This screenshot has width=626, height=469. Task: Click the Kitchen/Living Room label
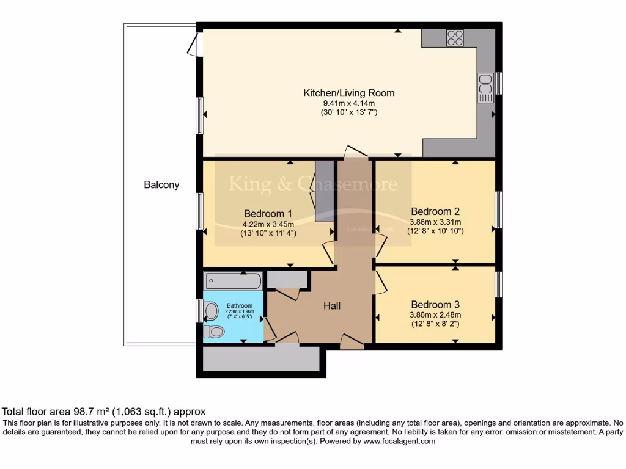348,93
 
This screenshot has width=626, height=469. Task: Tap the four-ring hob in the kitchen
455,38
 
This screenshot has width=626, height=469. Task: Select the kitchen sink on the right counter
485,87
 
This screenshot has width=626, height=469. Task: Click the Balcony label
161,184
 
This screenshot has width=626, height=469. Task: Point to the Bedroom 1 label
268,214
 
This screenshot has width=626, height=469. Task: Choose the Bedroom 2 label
435,211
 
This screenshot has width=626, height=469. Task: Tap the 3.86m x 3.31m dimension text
435,222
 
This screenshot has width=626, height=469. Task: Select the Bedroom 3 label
435,305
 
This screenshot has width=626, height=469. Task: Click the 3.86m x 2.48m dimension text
435,315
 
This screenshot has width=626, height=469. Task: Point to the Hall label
332,306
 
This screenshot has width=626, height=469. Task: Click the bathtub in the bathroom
233,281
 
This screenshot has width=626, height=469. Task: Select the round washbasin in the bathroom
212,311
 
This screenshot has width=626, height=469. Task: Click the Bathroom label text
239,305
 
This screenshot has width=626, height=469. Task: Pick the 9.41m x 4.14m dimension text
348,104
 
